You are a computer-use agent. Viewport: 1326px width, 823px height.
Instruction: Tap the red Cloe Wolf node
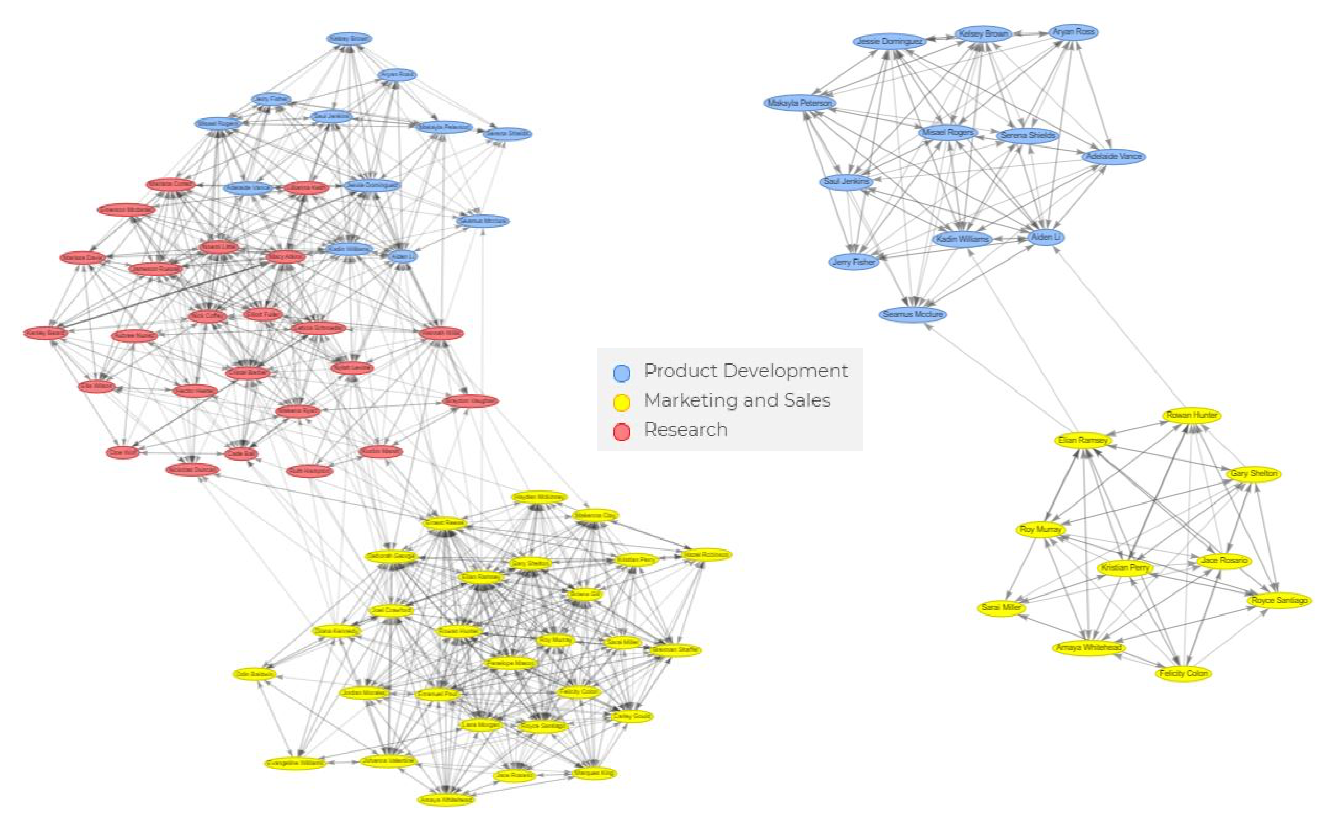coord(123,452)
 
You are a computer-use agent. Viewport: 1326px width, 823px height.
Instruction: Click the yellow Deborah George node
coord(391,556)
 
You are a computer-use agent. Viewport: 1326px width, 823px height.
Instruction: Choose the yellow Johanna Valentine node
coord(388,760)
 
